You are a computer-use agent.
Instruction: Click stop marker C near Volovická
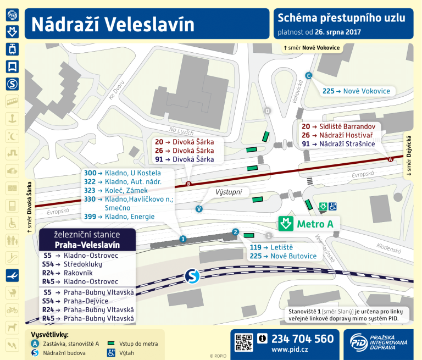click(309, 76)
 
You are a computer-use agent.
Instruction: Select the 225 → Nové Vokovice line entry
click(356, 91)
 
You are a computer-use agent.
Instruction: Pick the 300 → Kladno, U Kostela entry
click(122, 173)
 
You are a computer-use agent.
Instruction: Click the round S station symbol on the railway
click(192, 275)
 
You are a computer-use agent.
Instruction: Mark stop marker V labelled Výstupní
click(199, 209)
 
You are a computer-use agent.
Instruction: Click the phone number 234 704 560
click(302, 339)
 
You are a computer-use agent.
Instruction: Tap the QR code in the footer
click(243, 342)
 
